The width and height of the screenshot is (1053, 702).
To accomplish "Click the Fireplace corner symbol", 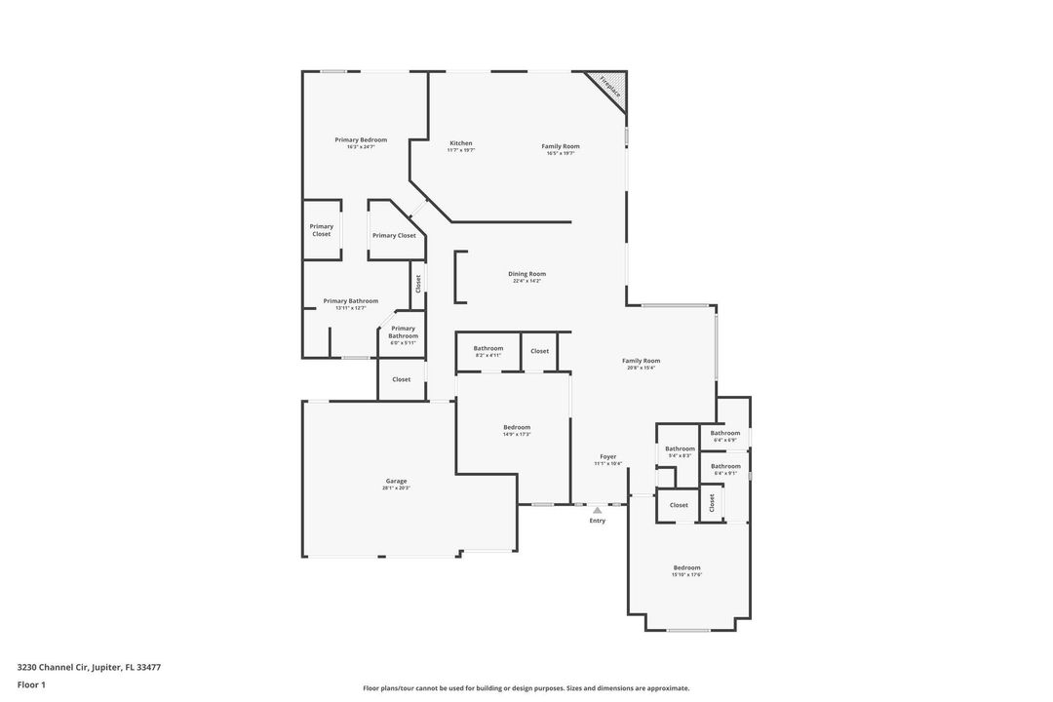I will click(x=611, y=86).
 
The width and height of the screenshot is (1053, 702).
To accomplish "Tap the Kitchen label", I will click(x=461, y=143).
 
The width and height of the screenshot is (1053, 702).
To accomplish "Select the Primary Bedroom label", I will click(x=361, y=140).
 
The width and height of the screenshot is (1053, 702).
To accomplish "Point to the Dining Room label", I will click(x=526, y=274).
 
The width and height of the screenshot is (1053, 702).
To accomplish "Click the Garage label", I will click(x=396, y=481).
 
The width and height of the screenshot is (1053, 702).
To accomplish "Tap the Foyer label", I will click(x=607, y=456).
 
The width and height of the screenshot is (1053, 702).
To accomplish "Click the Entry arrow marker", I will click(x=598, y=510).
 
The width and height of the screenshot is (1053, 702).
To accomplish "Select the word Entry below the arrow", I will click(x=598, y=521).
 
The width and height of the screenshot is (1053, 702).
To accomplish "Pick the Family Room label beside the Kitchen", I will click(x=561, y=146).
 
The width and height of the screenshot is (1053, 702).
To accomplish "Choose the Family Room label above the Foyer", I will click(x=641, y=361).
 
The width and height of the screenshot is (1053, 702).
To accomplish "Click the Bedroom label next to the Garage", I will click(x=517, y=427).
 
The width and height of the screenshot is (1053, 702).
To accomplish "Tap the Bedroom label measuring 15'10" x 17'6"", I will click(x=686, y=567).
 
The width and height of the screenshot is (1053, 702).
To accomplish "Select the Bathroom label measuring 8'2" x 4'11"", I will click(x=488, y=348).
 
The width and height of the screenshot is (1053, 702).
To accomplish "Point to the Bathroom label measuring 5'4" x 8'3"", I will click(x=680, y=448).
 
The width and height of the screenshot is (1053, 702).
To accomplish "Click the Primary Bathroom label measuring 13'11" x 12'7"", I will click(x=350, y=301).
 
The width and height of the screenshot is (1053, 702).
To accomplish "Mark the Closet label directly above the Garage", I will click(x=402, y=379).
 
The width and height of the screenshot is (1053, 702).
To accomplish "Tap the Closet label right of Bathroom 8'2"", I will click(x=540, y=351).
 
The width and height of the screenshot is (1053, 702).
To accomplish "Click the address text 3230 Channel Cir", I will click(x=89, y=668).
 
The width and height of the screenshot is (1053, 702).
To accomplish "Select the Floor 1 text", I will click(x=31, y=684).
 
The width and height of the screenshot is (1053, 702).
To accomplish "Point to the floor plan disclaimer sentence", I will click(x=526, y=688).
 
